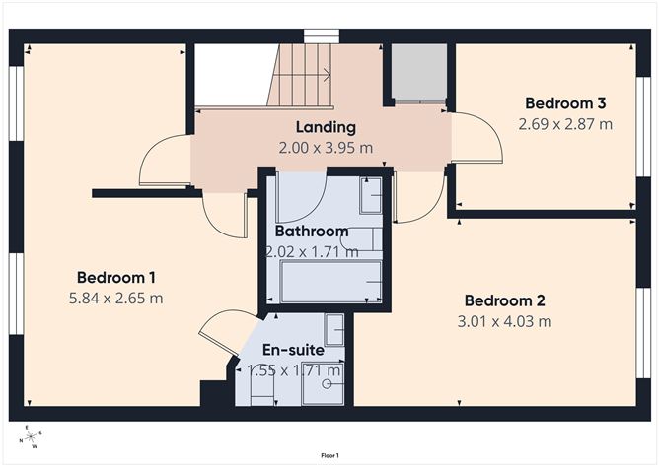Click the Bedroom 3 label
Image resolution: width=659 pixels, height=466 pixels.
click(565, 103)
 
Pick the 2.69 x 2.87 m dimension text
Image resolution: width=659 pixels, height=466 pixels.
click(565, 124)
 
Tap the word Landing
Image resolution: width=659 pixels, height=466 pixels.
click(326, 127)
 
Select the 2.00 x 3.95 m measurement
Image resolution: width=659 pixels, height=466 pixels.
click(326, 148)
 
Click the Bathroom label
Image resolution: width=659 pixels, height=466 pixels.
click(312, 232)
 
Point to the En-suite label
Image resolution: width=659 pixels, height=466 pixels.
click(293, 350)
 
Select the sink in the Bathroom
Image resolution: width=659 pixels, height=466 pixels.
click(371, 195)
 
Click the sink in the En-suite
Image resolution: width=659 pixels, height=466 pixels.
click(334, 328)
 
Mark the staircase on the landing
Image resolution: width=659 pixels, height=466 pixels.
click(300, 76)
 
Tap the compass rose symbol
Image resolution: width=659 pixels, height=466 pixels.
click(32, 435)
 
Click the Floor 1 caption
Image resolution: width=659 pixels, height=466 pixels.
click(329, 455)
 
